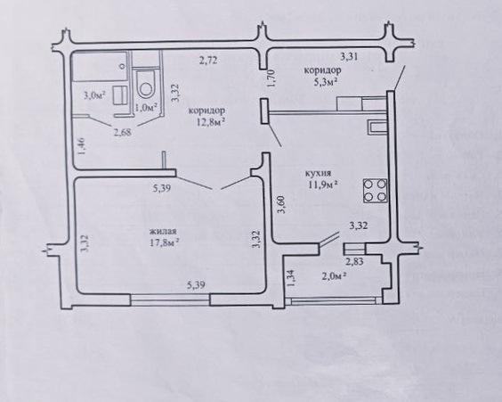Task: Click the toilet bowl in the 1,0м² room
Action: (x=146, y=85)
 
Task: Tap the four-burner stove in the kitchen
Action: (x=375, y=191)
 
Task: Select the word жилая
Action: (x=163, y=232)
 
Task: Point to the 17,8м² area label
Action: (x=164, y=242)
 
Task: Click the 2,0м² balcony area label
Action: (x=336, y=275)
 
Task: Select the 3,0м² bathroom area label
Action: (x=94, y=95)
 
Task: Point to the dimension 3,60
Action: (x=281, y=204)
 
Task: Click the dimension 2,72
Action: (x=208, y=61)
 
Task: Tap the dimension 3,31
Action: (x=349, y=57)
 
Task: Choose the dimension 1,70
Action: (x=271, y=78)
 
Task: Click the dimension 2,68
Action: (x=123, y=132)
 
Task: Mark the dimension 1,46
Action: (x=81, y=146)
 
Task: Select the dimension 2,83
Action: (x=354, y=261)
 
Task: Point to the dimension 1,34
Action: (x=290, y=278)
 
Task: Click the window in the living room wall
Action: (x=170, y=300)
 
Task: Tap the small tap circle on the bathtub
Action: (x=122, y=66)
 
